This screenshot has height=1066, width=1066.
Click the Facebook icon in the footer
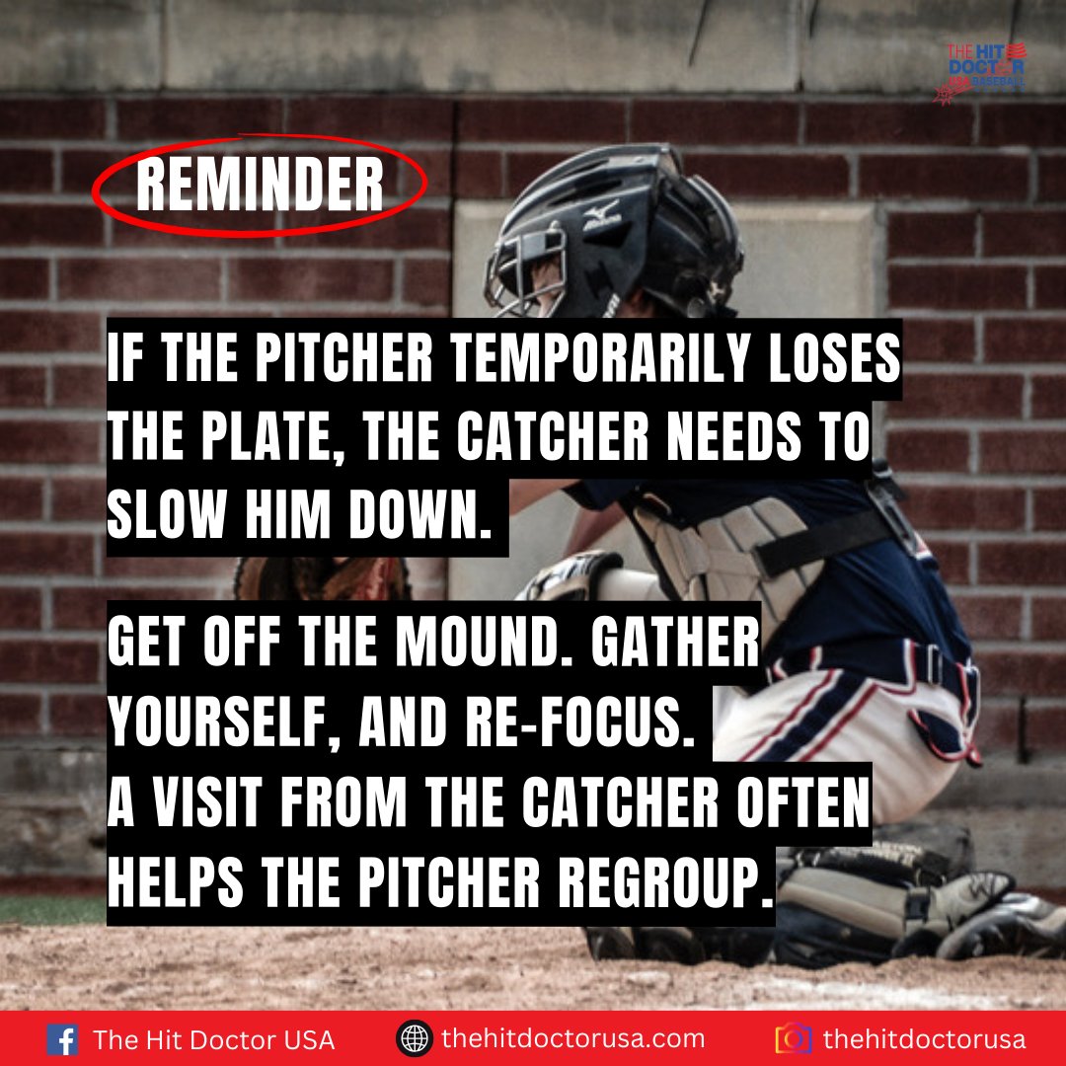[x=63, y=1039]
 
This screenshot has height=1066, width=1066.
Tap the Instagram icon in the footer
[x=794, y=1039]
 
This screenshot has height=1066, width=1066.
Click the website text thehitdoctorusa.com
[x=573, y=1039]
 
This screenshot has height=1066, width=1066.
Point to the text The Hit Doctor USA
[x=213, y=1040]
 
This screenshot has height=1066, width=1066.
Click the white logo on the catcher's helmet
[x=600, y=214]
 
